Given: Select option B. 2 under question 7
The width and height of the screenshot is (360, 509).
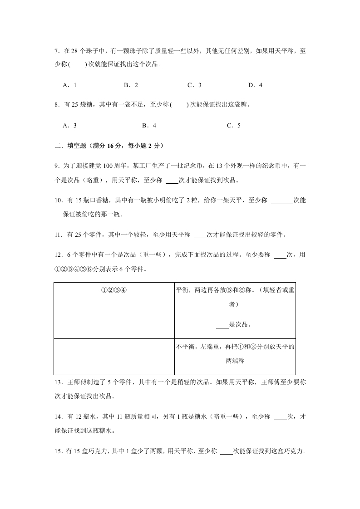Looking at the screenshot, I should point(131,85).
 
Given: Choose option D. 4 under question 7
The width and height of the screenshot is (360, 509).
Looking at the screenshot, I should point(255,85).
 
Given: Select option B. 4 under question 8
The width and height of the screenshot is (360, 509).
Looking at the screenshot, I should point(149,126).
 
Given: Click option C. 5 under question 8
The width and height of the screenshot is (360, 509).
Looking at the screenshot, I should point(234,126).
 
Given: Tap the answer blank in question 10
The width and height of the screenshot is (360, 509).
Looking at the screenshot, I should point(282,201).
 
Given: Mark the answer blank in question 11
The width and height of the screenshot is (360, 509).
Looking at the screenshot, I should point(200,235).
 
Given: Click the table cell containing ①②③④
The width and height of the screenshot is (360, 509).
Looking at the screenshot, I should point(113,290).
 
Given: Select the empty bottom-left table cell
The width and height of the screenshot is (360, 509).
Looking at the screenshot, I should point(113,357).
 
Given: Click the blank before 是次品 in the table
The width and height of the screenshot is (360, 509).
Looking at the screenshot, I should point(222,325).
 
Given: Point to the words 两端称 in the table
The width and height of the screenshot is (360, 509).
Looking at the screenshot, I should point(235,361).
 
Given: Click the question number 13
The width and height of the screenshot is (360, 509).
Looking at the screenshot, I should point(58,382).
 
